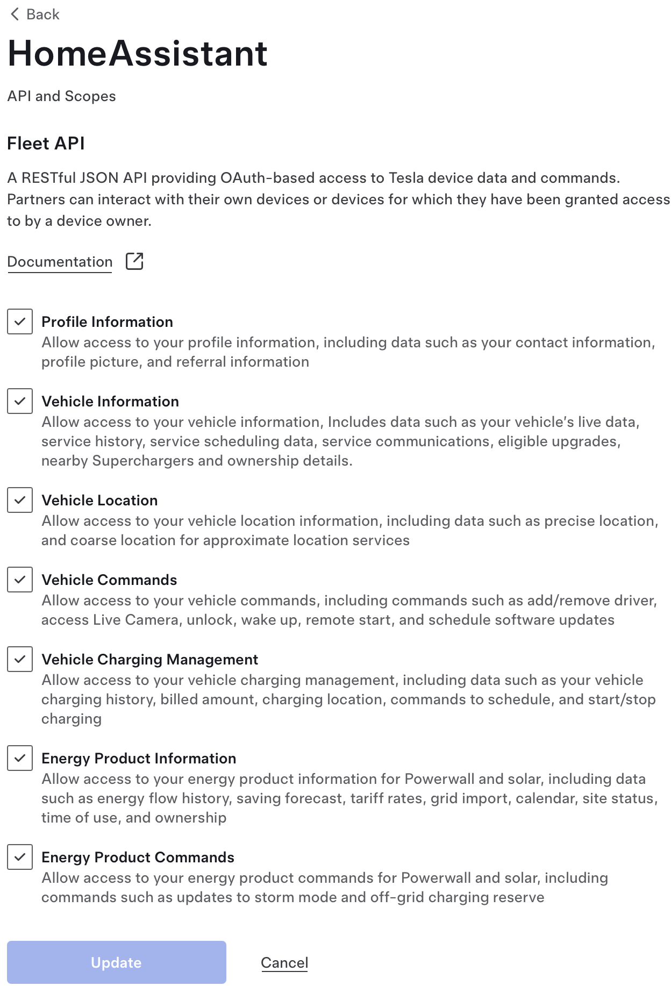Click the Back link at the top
pyautogui.click(x=35, y=15)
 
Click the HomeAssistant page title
pyautogui.click(x=138, y=54)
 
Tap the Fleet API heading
pyautogui.click(x=46, y=144)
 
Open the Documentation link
pyautogui.click(x=60, y=262)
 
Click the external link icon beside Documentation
pyautogui.click(x=134, y=261)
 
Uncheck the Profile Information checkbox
pyautogui.click(x=20, y=321)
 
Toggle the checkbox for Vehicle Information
pyautogui.click(x=20, y=401)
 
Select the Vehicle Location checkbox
pyautogui.click(x=20, y=500)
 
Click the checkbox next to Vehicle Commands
pyautogui.click(x=20, y=580)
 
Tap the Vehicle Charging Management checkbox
pyautogui.click(x=20, y=659)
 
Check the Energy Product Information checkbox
pyautogui.click(x=20, y=758)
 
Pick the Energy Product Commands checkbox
pyautogui.click(x=20, y=857)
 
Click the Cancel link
pyautogui.click(x=284, y=962)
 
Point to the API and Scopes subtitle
pyautogui.click(x=61, y=96)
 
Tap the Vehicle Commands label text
pyautogui.click(x=109, y=580)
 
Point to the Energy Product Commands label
pyautogui.click(x=138, y=858)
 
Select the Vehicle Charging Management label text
pyautogui.click(x=149, y=660)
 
